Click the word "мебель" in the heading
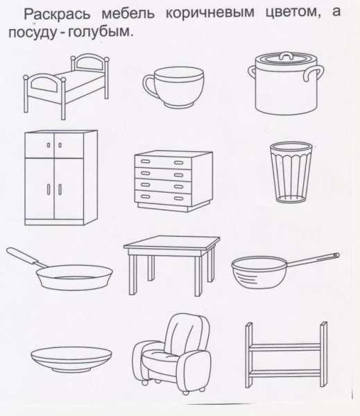(x=114, y=15)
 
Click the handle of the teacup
(x=149, y=87)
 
